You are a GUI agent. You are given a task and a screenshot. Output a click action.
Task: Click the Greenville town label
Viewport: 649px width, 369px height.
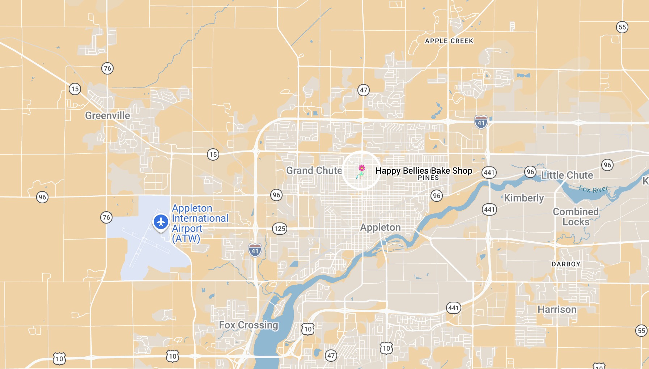click(x=107, y=115)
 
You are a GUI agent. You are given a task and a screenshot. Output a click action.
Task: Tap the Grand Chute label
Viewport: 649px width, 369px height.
click(x=314, y=170)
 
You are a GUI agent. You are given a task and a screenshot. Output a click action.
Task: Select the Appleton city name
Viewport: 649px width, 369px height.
click(x=380, y=228)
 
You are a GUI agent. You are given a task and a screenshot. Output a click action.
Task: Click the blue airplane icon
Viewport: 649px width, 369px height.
click(x=161, y=222)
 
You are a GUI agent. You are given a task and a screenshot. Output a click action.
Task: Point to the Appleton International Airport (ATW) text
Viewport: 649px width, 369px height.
click(x=200, y=223)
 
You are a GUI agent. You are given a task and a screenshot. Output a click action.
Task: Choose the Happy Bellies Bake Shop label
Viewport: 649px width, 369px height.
click(x=424, y=170)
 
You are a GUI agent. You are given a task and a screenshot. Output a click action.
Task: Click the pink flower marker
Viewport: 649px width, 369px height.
click(x=361, y=168)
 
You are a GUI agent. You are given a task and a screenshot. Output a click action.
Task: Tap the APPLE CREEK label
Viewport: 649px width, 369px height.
click(x=449, y=41)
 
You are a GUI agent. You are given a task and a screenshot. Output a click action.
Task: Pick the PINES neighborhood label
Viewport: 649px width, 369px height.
click(x=428, y=178)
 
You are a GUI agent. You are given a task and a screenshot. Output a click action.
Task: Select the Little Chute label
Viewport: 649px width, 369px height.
click(x=567, y=175)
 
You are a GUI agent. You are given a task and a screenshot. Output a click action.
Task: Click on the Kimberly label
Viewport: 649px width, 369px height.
click(x=524, y=198)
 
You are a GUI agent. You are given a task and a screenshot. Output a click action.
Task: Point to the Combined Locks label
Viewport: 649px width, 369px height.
click(x=576, y=217)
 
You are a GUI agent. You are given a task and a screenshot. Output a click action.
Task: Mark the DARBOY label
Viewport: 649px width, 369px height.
click(x=566, y=264)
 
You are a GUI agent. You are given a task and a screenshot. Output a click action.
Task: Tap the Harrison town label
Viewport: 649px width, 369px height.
click(x=557, y=310)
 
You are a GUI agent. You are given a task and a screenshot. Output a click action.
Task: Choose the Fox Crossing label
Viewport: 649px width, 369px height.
click(x=249, y=325)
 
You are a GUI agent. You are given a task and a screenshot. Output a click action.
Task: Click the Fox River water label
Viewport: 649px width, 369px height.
click(x=593, y=189)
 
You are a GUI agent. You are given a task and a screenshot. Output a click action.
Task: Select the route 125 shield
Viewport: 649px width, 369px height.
click(x=280, y=229)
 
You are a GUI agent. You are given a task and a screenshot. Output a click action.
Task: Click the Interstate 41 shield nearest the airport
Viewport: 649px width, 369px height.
click(x=255, y=250)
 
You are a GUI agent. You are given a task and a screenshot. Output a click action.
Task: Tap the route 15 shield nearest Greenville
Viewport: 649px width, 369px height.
click(x=75, y=89)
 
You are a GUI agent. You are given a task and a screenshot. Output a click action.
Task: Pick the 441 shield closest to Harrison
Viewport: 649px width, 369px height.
click(x=453, y=308)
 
